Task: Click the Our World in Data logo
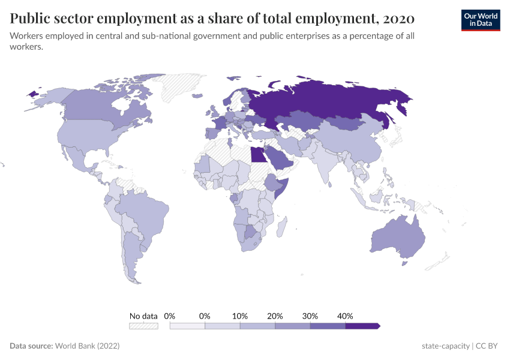coord(481,19)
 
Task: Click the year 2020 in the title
coord(398,19)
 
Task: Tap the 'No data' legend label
coord(143,316)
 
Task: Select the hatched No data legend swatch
coord(143,326)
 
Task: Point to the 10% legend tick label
coord(240,316)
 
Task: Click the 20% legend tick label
coord(275,316)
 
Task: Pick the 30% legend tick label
coord(310,316)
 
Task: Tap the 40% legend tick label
coord(345,316)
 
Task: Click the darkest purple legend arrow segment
coord(362,326)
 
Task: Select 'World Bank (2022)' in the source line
coord(87,346)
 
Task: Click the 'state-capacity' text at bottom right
coord(446,346)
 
